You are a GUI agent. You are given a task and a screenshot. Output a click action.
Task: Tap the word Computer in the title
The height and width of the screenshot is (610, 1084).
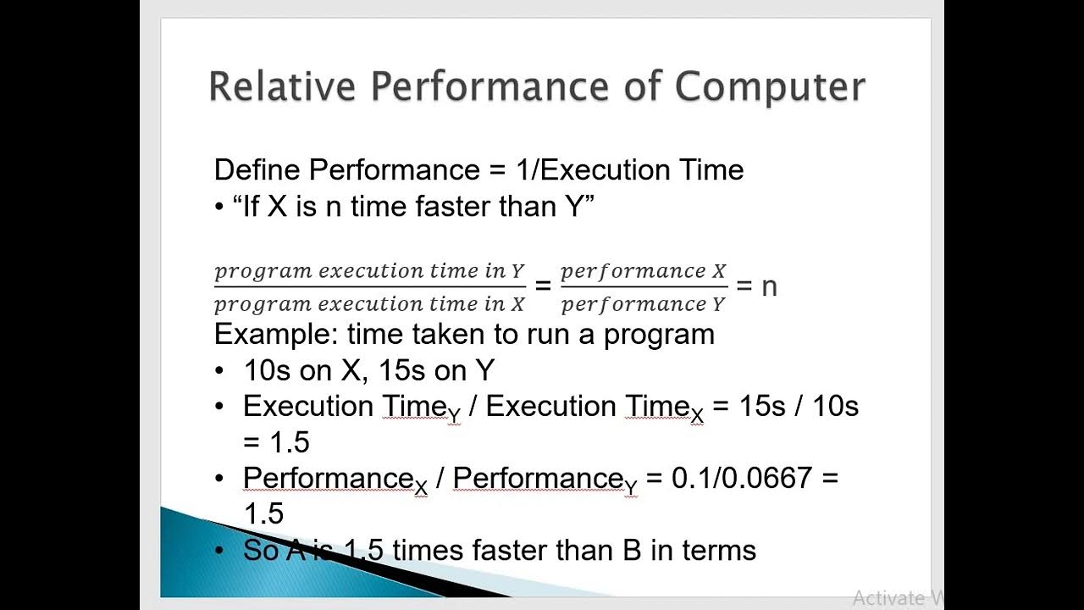coord(771,87)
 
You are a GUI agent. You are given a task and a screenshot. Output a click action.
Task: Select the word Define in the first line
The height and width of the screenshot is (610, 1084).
coord(257,170)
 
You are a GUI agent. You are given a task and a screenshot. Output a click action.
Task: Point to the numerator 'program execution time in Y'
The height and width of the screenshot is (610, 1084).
coord(369,271)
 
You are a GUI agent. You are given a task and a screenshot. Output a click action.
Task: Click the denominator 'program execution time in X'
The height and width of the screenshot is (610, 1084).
coord(369,303)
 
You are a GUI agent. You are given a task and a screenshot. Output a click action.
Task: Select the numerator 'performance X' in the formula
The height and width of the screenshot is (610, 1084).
coord(644,271)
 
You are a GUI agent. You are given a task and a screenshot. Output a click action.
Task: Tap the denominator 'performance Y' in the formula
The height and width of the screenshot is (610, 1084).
coord(644,303)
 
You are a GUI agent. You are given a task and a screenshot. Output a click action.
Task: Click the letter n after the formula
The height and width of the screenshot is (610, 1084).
coord(769,286)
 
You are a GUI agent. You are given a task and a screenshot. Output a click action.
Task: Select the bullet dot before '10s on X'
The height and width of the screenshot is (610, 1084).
coord(220,370)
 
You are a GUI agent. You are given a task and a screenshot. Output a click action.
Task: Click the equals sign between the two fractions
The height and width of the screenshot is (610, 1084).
coord(543,286)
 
